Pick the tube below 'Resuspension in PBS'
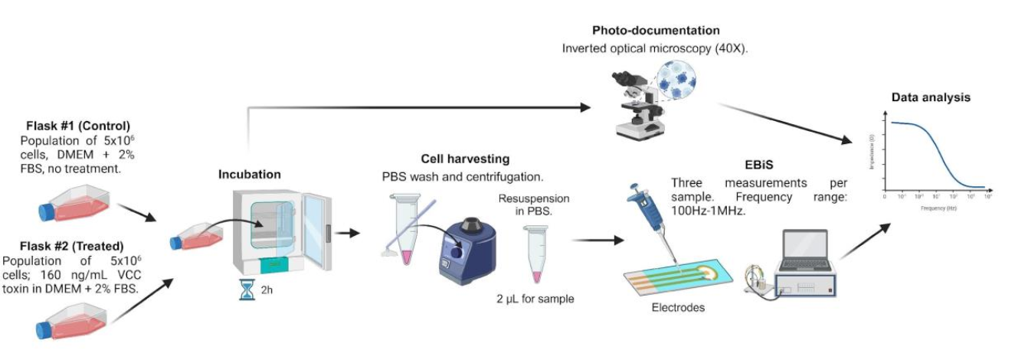(x=534, y=254)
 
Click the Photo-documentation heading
(x=656, y=31)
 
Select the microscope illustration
(x=637, y=107)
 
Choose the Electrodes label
(x=678, y=308)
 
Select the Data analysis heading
(x=931, y=97)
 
